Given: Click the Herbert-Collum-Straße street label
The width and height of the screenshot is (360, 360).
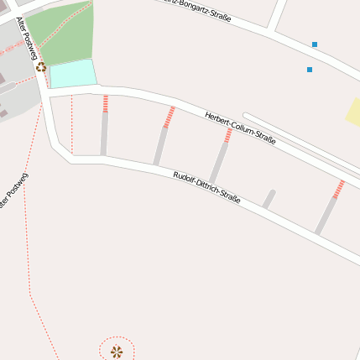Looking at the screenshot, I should point(240,128).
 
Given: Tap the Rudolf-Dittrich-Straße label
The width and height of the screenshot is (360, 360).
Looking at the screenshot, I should point(206,187).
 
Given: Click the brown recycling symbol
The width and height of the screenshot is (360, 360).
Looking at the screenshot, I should point(40,67).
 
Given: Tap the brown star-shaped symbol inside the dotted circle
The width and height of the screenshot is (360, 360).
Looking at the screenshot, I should point(117,352).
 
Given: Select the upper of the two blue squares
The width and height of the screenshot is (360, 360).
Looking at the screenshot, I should point(315,44).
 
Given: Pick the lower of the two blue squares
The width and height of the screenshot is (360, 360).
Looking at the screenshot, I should point(310,70).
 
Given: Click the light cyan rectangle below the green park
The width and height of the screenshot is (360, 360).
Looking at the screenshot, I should point(73,74).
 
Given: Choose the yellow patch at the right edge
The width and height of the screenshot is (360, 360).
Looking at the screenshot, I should point(354,112).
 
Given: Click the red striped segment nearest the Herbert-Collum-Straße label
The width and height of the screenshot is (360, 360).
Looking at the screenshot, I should point(227,135).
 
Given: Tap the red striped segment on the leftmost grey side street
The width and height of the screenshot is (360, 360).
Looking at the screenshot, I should point(105,103).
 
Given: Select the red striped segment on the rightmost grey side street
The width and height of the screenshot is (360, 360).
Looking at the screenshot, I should point(339,190).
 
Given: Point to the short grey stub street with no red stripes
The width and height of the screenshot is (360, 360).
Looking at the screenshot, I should point(269,199).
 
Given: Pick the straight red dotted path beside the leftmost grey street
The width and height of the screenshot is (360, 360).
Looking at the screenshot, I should point(72,126).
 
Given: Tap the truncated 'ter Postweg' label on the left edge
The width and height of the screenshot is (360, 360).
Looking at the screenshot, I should point(13,192).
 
